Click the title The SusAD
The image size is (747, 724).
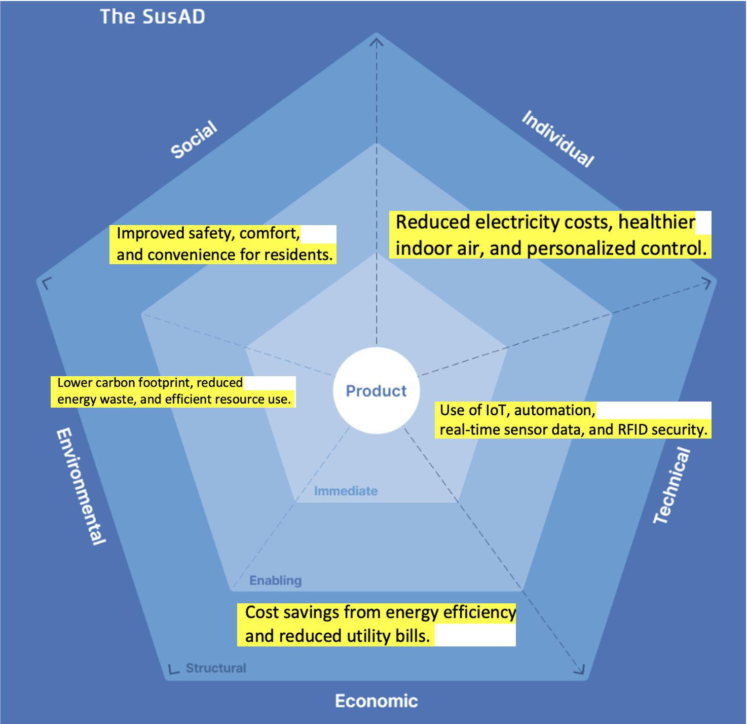coord(152,17)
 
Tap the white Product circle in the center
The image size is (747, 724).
coord(376,390)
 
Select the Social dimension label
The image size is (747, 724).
coord(194,139)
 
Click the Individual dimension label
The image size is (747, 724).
coord(558,138)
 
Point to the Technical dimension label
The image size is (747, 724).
coord(672,485)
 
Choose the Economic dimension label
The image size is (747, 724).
coord(376,701)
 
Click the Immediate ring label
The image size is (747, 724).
coord(346,491)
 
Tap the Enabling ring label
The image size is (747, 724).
coord(275,581)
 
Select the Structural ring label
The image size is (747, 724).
coord(216,668)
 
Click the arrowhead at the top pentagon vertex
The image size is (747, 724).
coord(376,41)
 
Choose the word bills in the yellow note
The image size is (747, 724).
coord(411,636)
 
